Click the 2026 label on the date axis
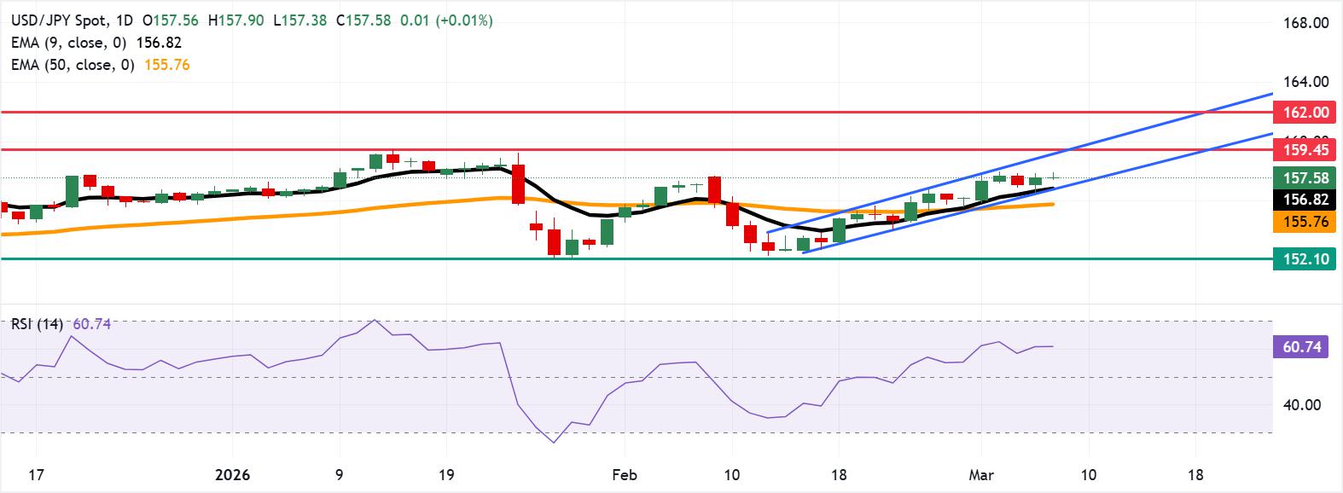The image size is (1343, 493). coord(232,473)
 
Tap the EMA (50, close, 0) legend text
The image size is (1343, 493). coord(73,65)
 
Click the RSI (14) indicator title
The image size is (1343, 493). coord(36,323)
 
